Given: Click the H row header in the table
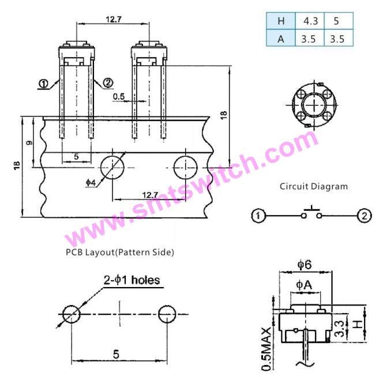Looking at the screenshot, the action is [281, 21].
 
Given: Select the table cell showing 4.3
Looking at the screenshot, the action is [310, 21].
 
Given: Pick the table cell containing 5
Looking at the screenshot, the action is [339, 21].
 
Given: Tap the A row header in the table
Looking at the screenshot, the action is [281, 38].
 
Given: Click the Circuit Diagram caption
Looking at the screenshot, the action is [314, 187].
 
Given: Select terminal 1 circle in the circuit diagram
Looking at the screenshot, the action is [258, 216].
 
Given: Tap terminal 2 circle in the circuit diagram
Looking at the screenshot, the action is [365, 216].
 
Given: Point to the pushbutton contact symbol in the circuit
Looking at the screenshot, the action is [311, 213].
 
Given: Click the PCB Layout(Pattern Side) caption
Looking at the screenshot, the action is [120, 252].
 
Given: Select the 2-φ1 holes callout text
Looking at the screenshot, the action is [132, 280].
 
